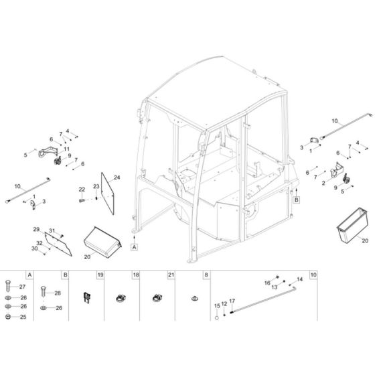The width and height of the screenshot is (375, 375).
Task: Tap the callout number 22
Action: [82, 190]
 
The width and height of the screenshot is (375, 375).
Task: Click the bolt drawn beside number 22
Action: [82, 199]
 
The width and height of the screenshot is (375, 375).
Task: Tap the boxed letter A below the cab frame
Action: [134, 247]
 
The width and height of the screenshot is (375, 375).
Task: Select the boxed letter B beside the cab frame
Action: [297, 199]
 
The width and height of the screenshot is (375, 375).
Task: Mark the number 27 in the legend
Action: [21, 287]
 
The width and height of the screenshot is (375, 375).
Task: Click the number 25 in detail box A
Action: [21, 317]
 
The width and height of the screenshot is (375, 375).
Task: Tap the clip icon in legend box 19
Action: [85, 297]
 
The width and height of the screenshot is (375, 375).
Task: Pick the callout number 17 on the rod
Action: [232, 301]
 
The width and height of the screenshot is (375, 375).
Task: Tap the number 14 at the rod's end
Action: [300, 279]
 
